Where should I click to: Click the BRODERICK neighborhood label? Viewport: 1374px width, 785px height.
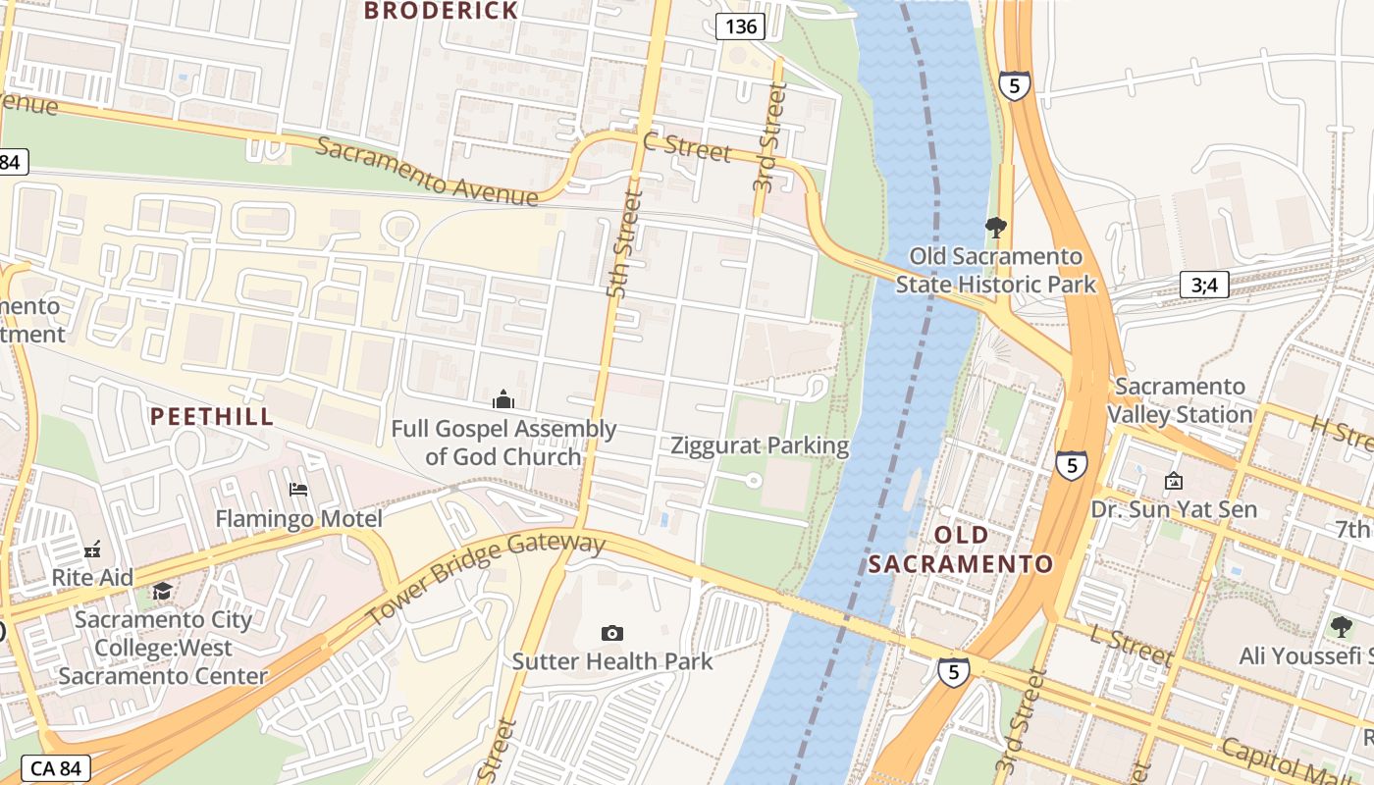click(441, 11)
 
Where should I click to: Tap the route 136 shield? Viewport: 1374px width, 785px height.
click(740, 26)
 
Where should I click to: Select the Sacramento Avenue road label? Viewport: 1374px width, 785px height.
click(428, 173)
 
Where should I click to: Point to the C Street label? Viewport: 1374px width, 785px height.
click(687, 147)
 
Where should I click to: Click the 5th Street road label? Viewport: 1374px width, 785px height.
click(624, 245)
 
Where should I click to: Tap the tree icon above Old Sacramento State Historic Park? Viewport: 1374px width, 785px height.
click(996, 229)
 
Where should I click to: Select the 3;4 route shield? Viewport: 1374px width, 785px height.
click(1204, 286)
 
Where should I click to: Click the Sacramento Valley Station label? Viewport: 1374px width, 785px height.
click(1180, 400)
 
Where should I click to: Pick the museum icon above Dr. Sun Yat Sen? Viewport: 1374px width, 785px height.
click(1173, 481)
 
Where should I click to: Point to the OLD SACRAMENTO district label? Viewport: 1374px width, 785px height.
click(961, 549)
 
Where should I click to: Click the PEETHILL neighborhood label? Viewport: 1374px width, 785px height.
click(212, 416)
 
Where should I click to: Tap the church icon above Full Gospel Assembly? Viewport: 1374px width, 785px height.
click(503, 399)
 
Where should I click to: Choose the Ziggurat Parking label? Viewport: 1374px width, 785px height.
click(760, 445)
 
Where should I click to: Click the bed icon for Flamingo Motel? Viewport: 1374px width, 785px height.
click(298, 489)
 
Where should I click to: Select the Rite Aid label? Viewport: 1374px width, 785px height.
click(92, 577)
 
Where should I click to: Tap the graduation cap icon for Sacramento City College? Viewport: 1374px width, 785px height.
click(162, 591)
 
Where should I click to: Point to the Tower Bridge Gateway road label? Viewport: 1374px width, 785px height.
click(486, 578)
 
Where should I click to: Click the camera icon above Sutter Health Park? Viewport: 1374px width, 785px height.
click(612, 634)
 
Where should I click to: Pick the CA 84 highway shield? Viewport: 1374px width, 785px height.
click(55, 768)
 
